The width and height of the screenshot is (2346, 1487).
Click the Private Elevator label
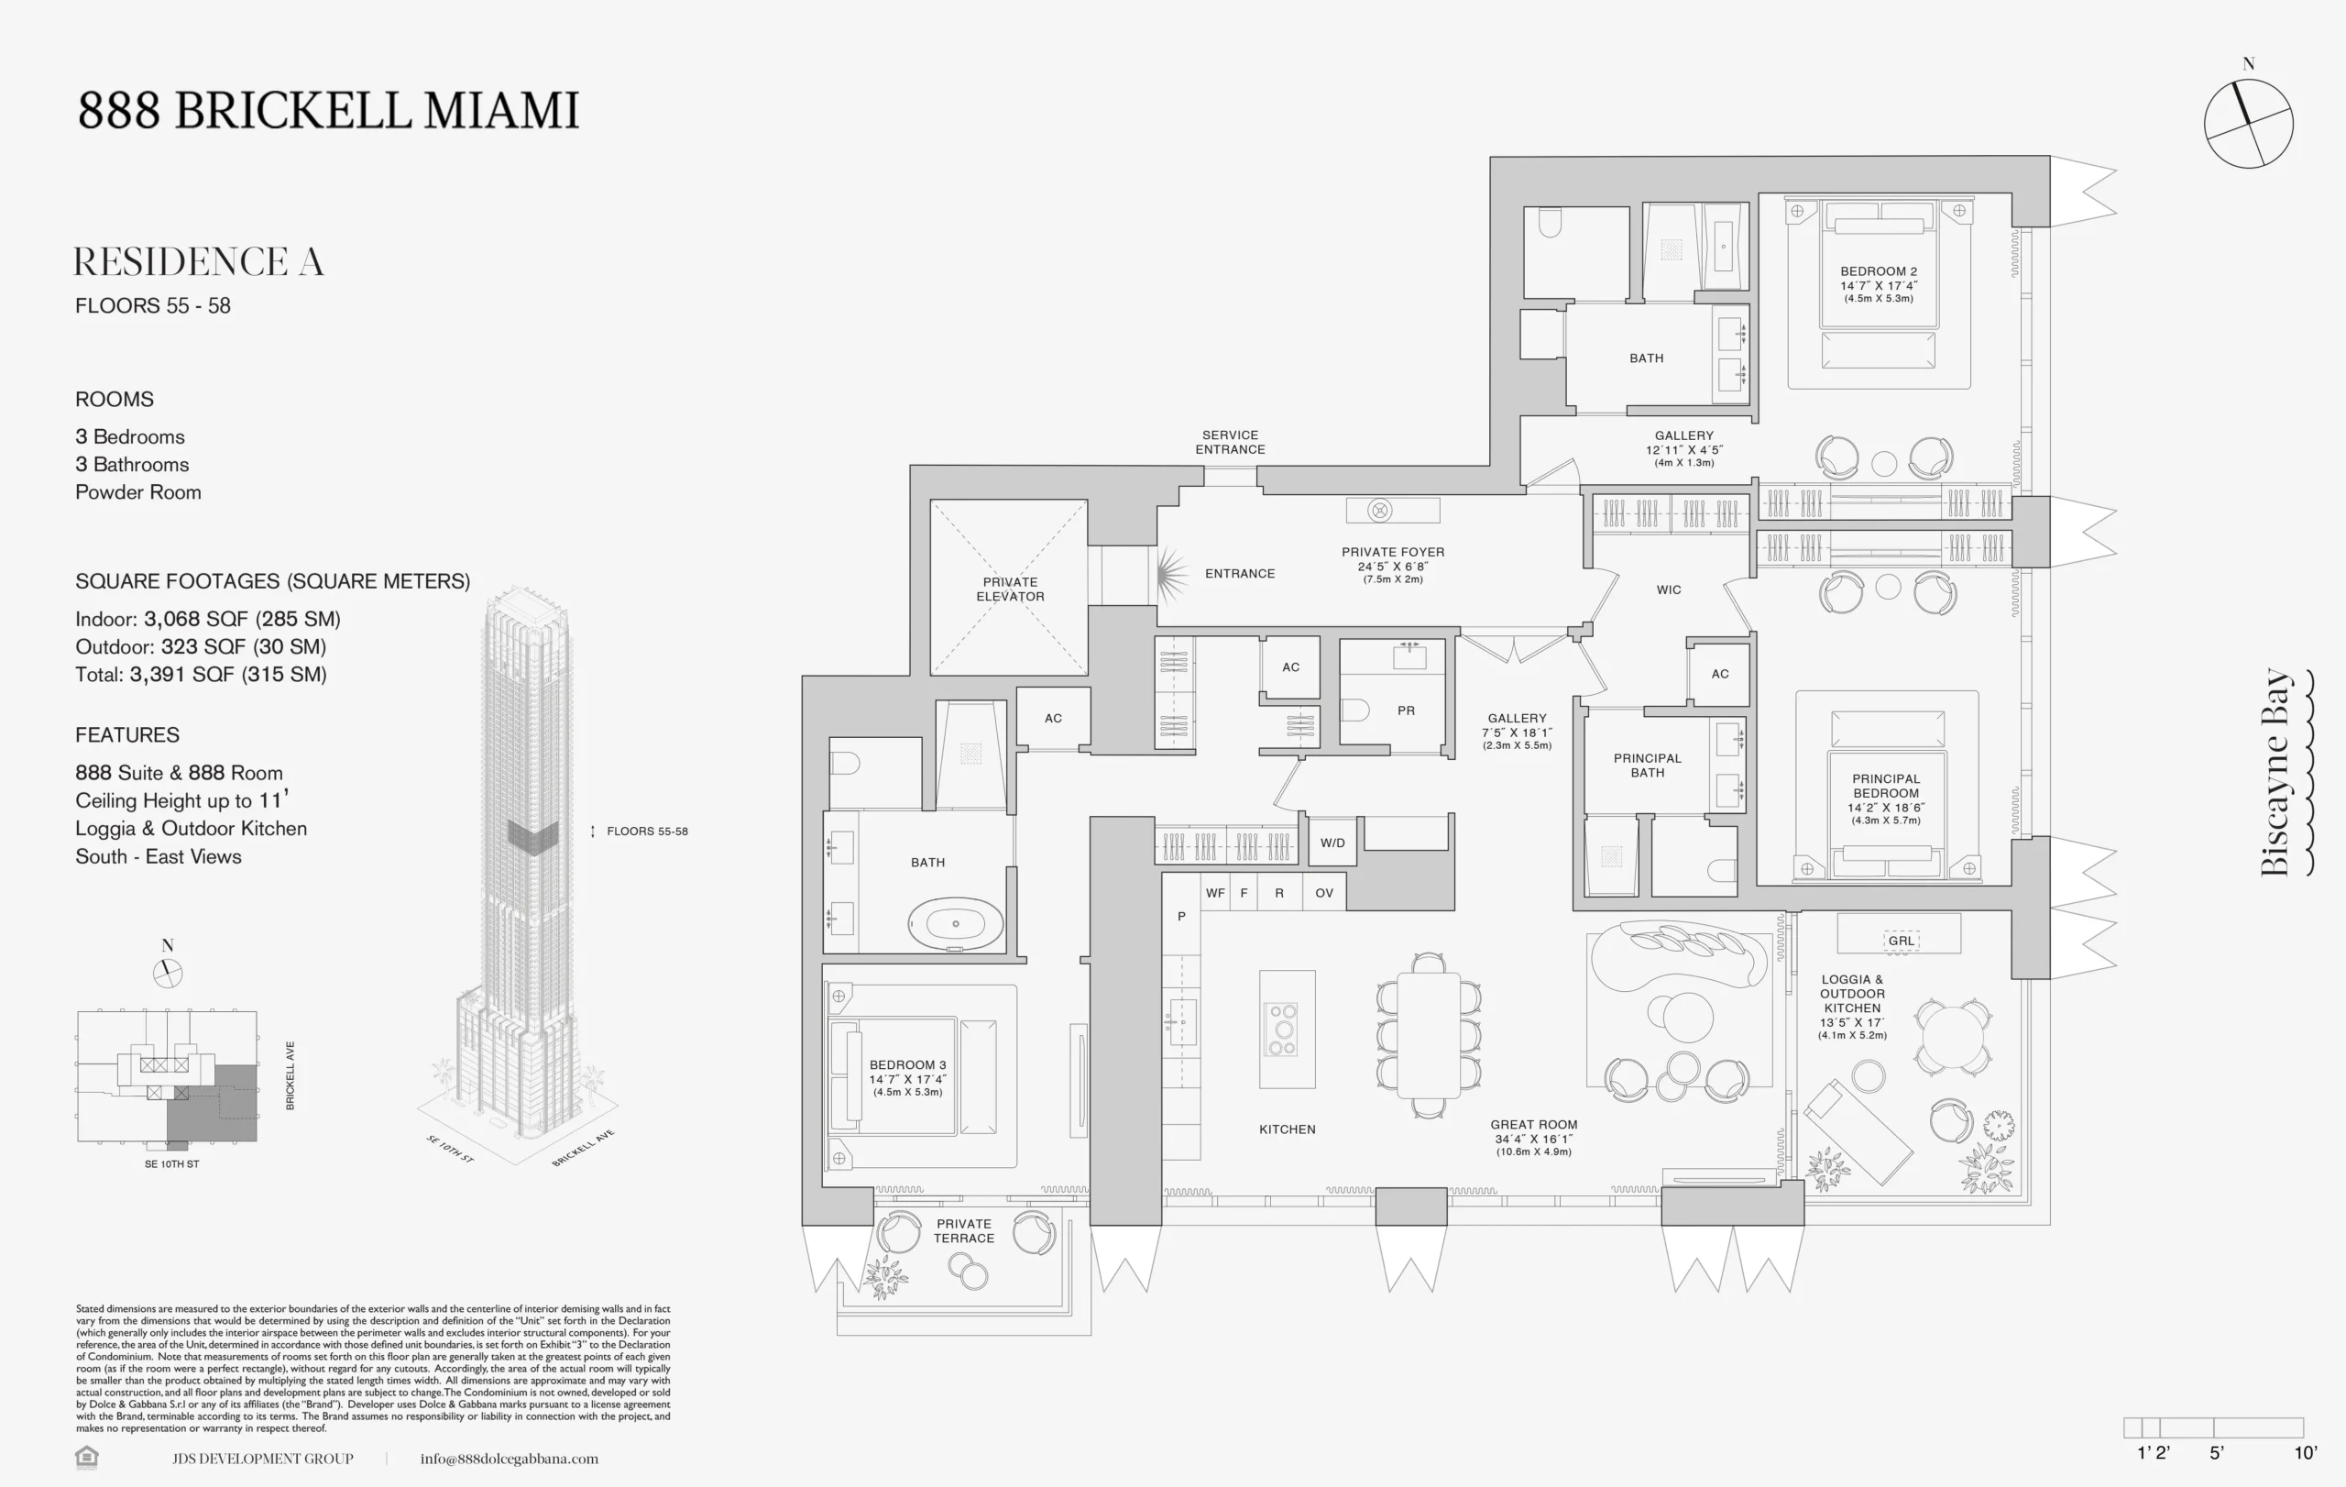[x=1009, y=589]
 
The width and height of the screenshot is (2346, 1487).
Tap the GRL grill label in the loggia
[x=1900, y=941]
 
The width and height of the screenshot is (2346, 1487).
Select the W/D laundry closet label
[x=1332, y=843]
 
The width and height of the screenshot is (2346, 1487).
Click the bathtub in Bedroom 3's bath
[x=955, y=923]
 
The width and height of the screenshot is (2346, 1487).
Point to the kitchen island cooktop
[x=1283, y=1029]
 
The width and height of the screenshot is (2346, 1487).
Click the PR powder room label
[x=1406, y=710]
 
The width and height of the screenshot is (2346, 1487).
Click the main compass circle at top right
[x=2248, y=124]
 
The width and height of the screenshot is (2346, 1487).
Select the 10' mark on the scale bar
[x=2304, y=1453]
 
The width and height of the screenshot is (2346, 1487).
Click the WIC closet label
[x=1668, y=589]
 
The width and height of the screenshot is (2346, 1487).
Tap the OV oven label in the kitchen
[x=1324, y=893]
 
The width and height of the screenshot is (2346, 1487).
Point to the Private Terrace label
[x=963, y=1230]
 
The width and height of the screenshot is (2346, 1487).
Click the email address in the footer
[x=509, y=1459]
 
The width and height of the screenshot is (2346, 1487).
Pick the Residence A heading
[x=199, y=261]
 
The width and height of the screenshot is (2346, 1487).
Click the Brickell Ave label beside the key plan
[x=290, y=1075]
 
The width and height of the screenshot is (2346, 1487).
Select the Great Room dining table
[x=1429, y=1035]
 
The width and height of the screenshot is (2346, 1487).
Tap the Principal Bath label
[x=1647, y=765]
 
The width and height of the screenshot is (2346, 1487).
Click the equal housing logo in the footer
[x=87, y=1458]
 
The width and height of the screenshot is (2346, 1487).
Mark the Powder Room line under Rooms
[x=138, y=492]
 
